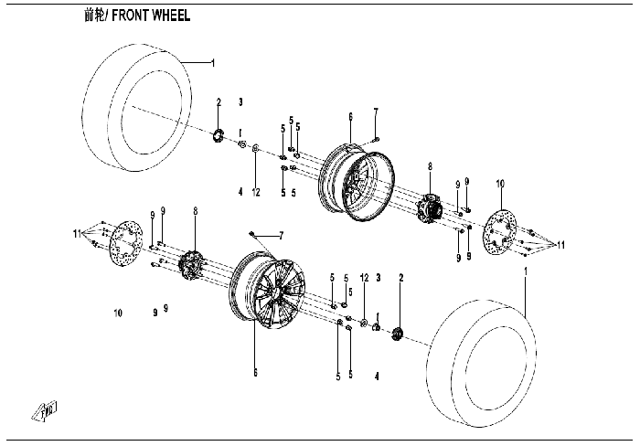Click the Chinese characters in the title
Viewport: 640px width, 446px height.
(93, 16)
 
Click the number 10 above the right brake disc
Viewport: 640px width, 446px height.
(500, 185)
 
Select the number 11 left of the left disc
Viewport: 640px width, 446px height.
(78, 237)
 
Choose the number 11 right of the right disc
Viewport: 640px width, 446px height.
(561, 245)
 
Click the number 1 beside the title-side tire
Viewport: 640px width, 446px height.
(213, 63)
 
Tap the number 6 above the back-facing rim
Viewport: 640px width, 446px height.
(349, 117)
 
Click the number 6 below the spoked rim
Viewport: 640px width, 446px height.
(255, 373)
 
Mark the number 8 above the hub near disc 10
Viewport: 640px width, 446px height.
(429, 166)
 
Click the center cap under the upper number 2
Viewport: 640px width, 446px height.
(219, 137)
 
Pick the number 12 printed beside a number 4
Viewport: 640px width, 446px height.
(256, 192)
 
